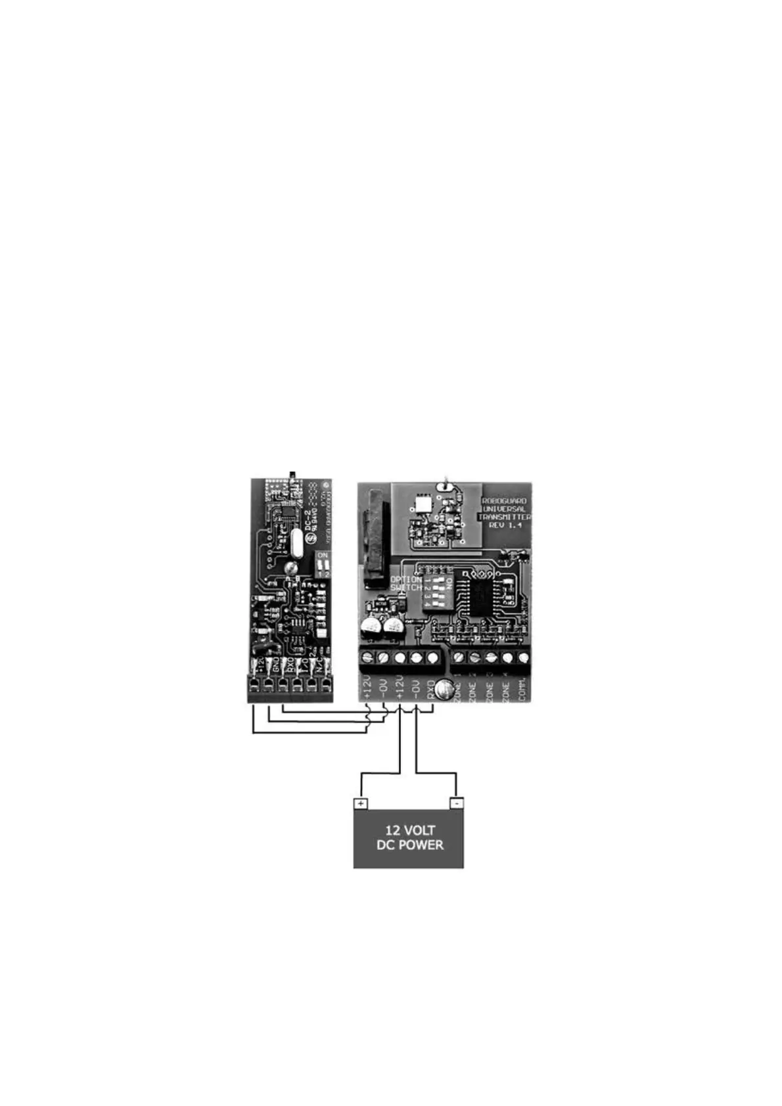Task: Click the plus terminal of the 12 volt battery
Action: click(x=361, y=803)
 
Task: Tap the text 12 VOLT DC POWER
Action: click(x=409, y=837)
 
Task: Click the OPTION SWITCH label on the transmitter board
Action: click(x=405, y=583)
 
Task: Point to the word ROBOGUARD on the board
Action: click(x=505, y=500)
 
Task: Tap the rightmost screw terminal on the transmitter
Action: click(x=524, y=657)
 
